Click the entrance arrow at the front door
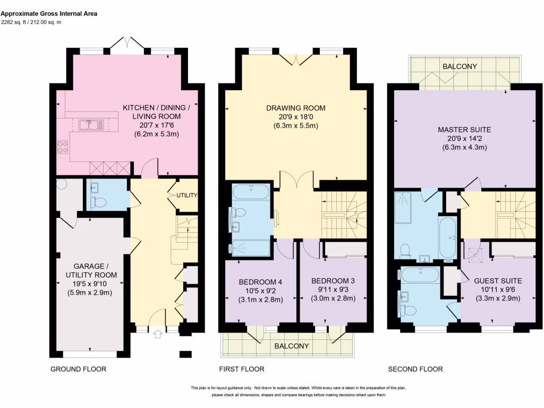(x=157, y=334)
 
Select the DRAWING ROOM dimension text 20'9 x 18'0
(x=295, y=117)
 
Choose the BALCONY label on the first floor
(x=292, y=346)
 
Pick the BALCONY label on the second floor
(x=460, y=66)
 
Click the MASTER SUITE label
(x=464, y=129)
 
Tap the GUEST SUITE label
(x=498, y=280)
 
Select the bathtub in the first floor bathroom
(x=251, y=191)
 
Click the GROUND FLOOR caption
(x=78, y=369)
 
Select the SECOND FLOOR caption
(x=415, y=369)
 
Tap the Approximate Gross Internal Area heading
(x=49, y=13)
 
